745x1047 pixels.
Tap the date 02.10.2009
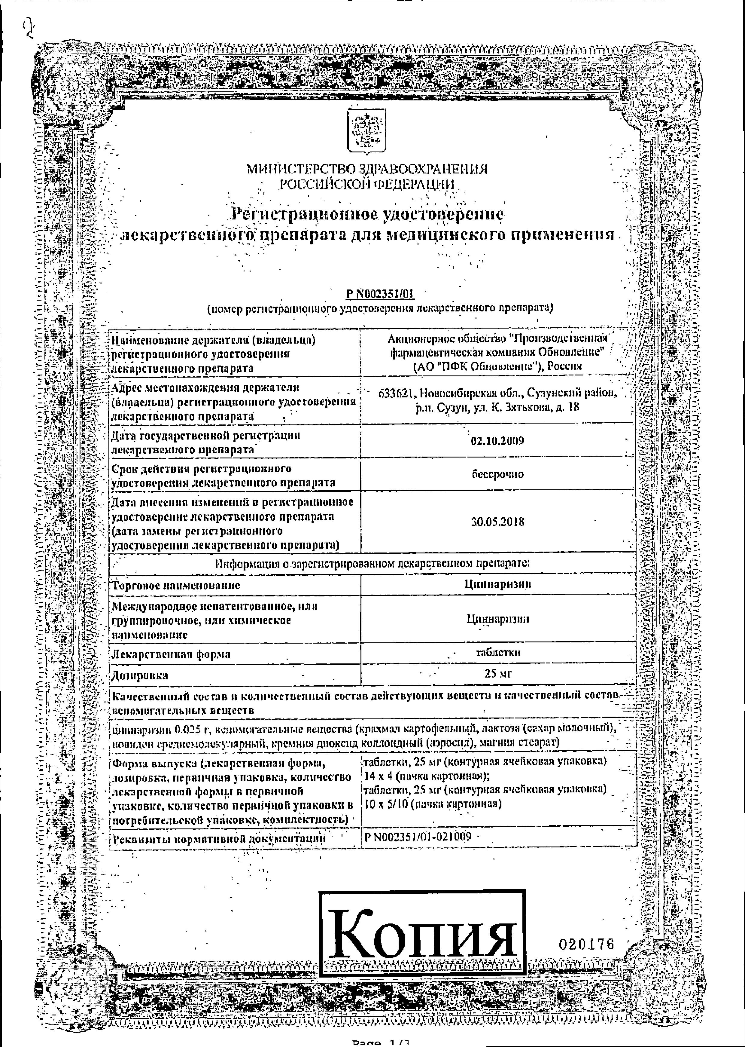click(x=497, y=441)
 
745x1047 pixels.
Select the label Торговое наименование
click(x=176, y=585)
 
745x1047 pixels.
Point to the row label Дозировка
click(x=140, y=675)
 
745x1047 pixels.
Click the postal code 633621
click(x=397, y=393)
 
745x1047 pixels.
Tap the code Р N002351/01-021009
click(x=418, y=836)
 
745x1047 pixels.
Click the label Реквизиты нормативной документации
click(x=219, y=838)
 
